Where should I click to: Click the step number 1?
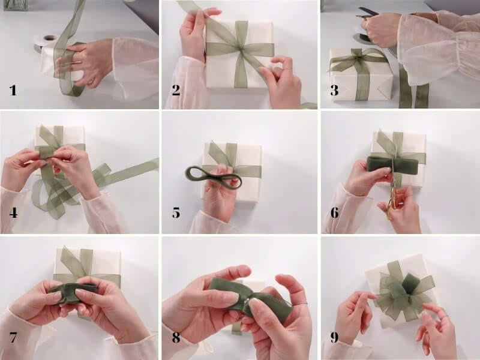coord(13,91)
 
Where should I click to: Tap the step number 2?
coord(176,91)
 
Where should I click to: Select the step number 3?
coord(334,91)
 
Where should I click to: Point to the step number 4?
coord(13,213)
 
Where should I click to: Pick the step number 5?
coord(176,213)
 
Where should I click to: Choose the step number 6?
coord(335,213)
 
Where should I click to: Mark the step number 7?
coord(13,337)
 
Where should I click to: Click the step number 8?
coord(176,337)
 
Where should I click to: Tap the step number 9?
coord(335,337)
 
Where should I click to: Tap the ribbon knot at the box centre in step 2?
coord(241,49)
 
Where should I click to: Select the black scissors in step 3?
coord(366,14)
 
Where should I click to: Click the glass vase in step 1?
coord(16,5)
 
